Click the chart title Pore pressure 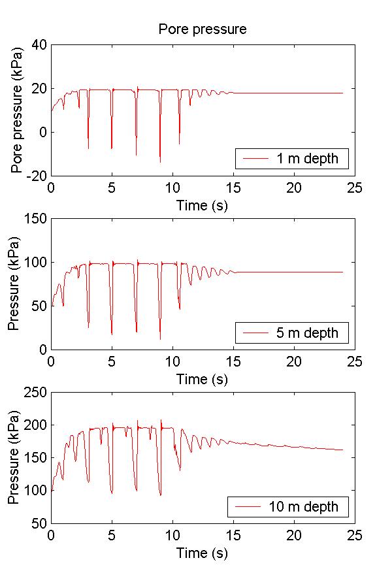coord(203,29)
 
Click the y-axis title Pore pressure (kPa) coord(17,110)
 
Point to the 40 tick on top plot coord(39,45)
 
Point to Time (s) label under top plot coord(203,205)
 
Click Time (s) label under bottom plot coord(203,553)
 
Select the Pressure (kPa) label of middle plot coord(13,284)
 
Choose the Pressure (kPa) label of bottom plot coord(13,457)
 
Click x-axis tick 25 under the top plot coord(354,188)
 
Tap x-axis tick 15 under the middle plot coord(233,362)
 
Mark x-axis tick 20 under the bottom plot coord(294,536)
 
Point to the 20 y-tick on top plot coord(39,89)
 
